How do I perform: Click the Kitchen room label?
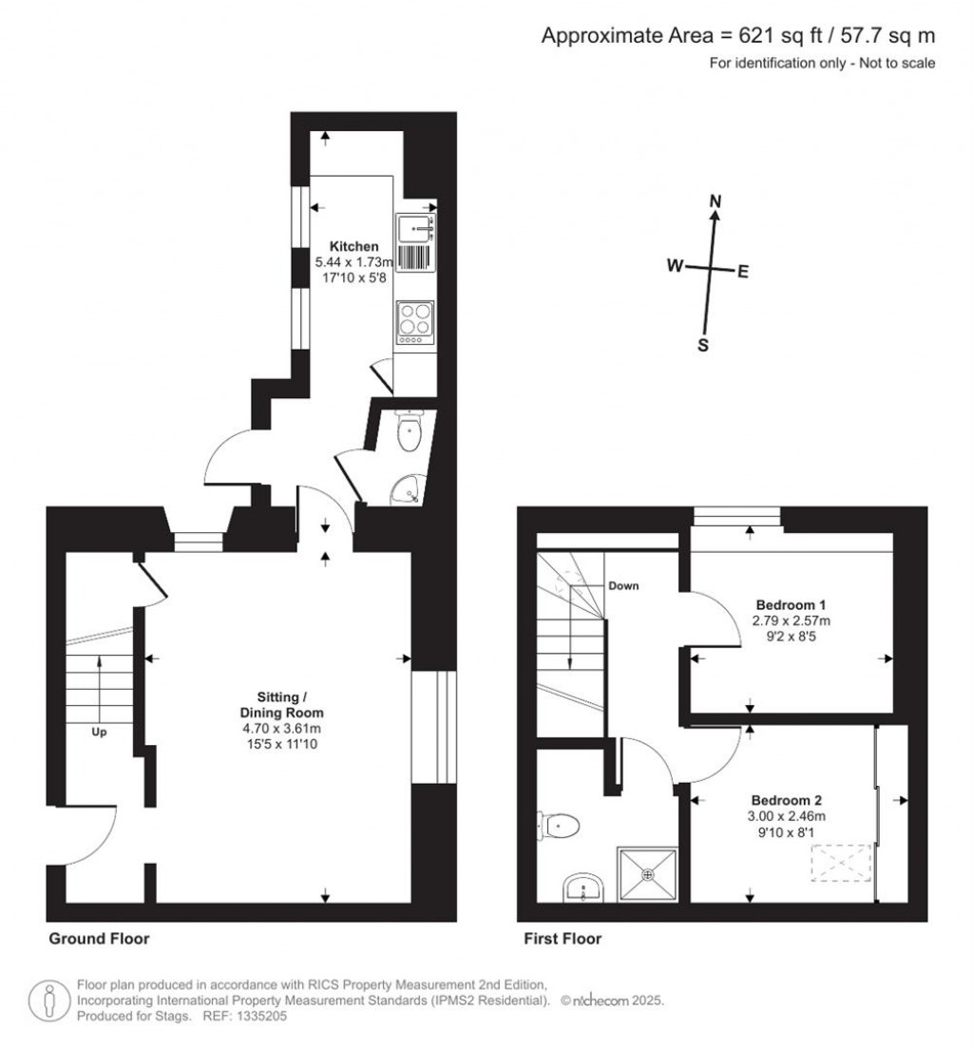coord(347,246)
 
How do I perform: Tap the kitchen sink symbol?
coord(416,227)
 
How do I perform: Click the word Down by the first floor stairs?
coord(623,586)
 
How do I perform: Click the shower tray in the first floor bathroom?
coord(649,872)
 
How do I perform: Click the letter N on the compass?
coord(717,201)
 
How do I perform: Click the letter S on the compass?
coord(703,345)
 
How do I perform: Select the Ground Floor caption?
coord(99,939)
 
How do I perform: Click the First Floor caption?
coord(563,939)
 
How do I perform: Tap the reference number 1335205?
coord(260,1016)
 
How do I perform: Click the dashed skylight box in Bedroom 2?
coord(839,865)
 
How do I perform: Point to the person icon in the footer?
coord(49,1000)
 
